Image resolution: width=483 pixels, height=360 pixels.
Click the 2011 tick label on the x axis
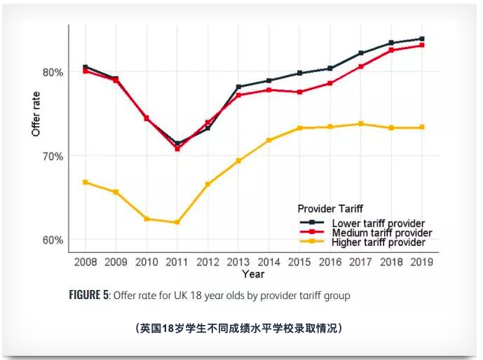(177, 262)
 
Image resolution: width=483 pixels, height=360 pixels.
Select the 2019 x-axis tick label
(421, 262)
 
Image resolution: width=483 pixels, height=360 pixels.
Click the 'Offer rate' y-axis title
(36, 113)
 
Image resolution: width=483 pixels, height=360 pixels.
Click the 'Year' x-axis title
(253, 274)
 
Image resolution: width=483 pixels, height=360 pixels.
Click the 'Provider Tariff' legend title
(330, 209)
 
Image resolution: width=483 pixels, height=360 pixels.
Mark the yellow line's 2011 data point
(177, 223)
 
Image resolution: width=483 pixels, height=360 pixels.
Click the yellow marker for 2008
(86, 182)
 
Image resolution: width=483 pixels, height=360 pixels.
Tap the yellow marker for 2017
(361, 124)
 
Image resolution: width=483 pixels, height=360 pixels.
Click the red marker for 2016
(330, 83)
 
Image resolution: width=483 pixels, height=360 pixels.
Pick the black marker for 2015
(299, 73)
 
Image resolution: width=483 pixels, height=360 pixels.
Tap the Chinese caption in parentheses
(238, 327)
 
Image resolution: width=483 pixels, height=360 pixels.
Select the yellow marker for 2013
(238, 161)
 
